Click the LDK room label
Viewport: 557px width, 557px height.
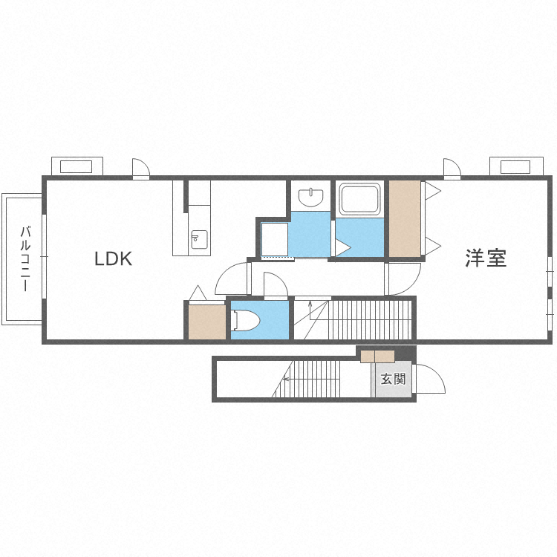114,258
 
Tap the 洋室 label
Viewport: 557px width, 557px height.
486,258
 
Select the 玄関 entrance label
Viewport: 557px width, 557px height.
393,379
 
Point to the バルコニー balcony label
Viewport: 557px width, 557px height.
25,258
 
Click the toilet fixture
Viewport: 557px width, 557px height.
245,320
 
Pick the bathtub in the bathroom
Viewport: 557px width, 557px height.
360,199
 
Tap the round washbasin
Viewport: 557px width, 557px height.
311,198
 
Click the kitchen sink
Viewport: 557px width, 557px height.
199,239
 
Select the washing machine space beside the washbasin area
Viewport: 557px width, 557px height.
274,239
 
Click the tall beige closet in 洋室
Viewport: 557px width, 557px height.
405,218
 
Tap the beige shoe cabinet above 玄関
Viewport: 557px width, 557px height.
377,356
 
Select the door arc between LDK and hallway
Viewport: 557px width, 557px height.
223,276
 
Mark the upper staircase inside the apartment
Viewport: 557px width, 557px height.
353,319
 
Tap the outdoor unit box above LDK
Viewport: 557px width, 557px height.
77,166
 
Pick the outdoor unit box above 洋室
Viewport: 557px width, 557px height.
516,166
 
